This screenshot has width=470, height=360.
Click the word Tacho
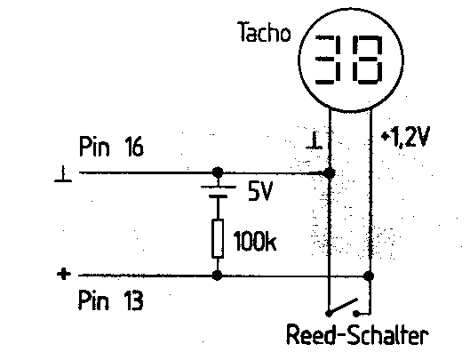(x=265, y=32)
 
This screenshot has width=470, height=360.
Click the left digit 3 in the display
(x=327, y=59)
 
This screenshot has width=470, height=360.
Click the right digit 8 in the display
(x=368, y=59)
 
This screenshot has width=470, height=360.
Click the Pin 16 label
(x=111, y=146)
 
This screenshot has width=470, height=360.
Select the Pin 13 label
(x=110, y=300)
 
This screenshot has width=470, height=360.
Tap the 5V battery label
(x=260, y=192)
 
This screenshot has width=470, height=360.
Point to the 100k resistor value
(x=255, y=241)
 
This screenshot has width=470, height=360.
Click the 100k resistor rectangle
(x=218, y=239)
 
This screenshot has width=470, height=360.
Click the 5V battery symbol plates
(x=218, y=192)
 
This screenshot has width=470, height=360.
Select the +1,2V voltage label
(x=405, y=137)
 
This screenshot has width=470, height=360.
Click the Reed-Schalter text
(x=357, y=334)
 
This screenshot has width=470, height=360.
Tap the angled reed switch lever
(x=343, y=306)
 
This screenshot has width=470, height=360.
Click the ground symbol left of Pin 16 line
(x=63, y=174)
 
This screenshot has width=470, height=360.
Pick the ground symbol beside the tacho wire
(x=315, y=140)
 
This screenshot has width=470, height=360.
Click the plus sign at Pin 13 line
(x=64, y=274)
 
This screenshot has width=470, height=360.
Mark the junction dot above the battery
(x=218, y=172)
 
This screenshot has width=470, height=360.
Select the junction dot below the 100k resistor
(x=218, y=275)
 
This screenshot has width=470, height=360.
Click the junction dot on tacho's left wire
(x=330, y=172)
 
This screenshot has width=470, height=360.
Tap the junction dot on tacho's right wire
(x=369, y=276)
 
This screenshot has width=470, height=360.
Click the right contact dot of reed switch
(x=356, y=314)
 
